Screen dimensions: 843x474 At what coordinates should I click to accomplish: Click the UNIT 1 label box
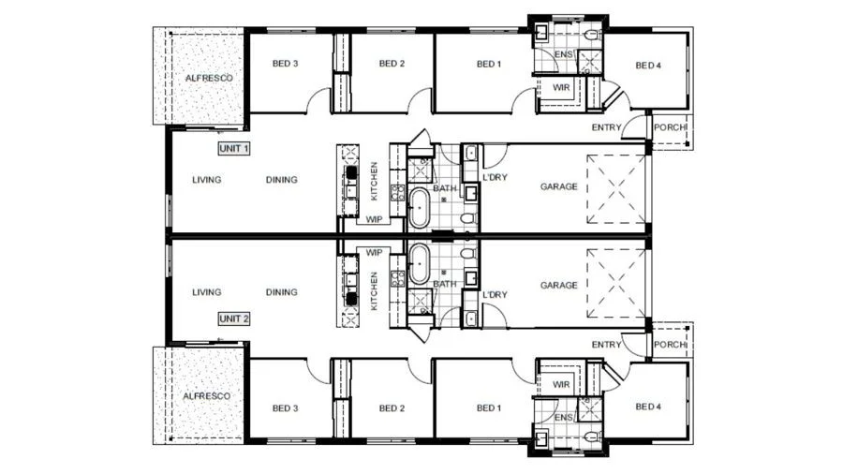point(234,148)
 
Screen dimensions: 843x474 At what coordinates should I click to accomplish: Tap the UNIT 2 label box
point(234,318)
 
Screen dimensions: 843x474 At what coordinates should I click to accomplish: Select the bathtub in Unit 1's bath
point(420,208)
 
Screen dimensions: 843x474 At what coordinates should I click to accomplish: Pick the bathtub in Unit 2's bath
point(420,264)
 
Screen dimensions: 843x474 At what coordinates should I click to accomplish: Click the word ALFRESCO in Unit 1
point(209,78)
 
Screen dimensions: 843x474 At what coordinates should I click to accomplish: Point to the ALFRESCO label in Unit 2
point(206,396)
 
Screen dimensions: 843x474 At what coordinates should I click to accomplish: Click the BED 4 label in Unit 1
point(648,66)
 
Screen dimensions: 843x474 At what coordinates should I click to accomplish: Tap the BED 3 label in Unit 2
point(285,407)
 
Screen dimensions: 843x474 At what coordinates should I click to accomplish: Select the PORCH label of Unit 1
point(670,127)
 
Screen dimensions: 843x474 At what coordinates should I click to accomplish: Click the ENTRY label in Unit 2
point(606,345)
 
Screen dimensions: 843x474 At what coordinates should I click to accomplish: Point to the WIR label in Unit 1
point(561,87)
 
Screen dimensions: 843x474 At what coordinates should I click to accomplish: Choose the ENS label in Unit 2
point(564,418)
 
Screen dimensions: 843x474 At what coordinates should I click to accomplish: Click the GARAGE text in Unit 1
point(558,186)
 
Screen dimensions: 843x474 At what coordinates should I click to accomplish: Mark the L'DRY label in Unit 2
point(495,294)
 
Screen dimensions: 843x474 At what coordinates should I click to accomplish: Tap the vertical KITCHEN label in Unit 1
point(374,181)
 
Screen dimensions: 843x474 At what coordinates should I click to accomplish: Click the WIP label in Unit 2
point(374,252)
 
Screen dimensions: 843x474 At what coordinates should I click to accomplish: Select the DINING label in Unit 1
point(282,180)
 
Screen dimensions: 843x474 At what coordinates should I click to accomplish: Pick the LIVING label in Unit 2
point(206,292)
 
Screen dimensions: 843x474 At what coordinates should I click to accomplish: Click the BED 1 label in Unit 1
point(489,64)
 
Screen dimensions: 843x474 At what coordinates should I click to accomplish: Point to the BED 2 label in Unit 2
point(392,407)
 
